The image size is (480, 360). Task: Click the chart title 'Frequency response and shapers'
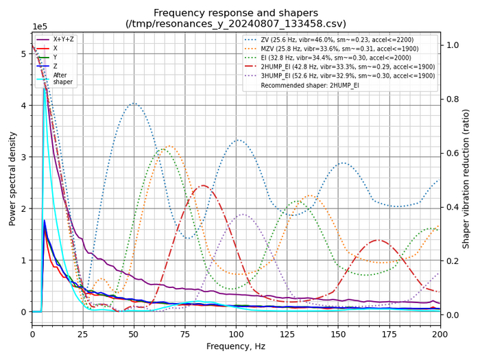point(236,12)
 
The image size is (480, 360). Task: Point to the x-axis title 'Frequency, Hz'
point(236,348)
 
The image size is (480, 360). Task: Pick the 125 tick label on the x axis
point(287,334)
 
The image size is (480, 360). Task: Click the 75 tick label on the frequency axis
point(185,334)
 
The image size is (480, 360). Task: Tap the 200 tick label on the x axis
point(440,334)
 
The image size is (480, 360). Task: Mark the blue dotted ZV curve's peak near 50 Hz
point(134,104)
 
